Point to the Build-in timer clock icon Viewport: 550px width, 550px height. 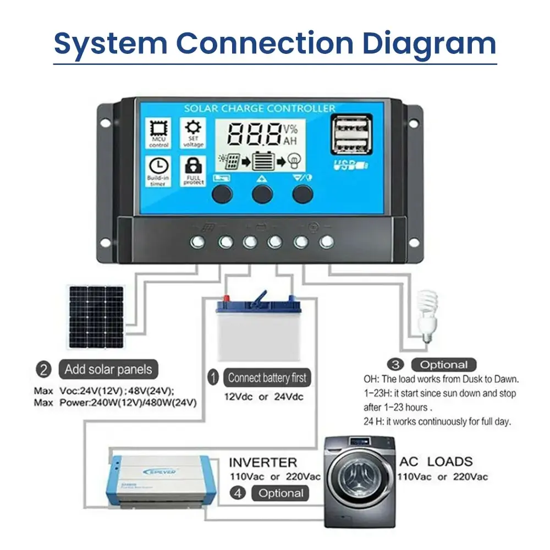[159, 169]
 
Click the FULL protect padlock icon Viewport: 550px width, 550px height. [194, 169]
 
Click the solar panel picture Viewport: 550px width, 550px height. [96, 316]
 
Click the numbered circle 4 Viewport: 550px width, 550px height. [238, 493]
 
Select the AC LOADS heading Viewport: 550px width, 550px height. [436, 461]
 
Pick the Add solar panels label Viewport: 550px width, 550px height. [108, 369]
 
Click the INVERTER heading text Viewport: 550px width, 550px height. [263, 462]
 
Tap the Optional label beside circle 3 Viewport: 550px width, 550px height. [444, 365]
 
